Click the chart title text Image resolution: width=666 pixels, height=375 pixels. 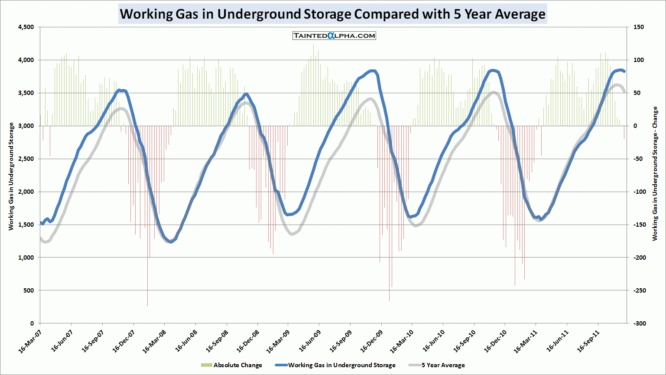[332, 14]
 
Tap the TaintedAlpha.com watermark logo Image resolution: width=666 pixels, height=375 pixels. [334, 36]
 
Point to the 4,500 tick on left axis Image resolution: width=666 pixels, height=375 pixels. [26, 27]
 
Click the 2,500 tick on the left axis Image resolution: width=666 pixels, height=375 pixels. [26, 159]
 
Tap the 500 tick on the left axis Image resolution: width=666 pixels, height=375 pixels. [29, 290]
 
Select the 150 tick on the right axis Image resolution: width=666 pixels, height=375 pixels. [639, 27]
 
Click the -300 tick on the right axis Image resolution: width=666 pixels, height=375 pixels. [640, 323]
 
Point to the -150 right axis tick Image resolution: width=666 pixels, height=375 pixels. [640, 225]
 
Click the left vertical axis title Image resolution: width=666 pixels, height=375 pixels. [11, 176]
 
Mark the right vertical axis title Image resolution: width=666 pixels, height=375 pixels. [655, 173]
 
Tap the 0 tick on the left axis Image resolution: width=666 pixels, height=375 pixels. [32, 323]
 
